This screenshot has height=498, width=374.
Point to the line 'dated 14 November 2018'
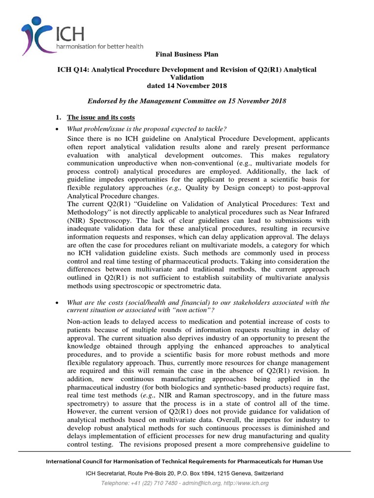point(187,86)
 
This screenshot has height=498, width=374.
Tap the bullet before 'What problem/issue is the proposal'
point(57,129)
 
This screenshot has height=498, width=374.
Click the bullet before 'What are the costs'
point(57,302)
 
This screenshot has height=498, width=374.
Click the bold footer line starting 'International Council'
point(184,461)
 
